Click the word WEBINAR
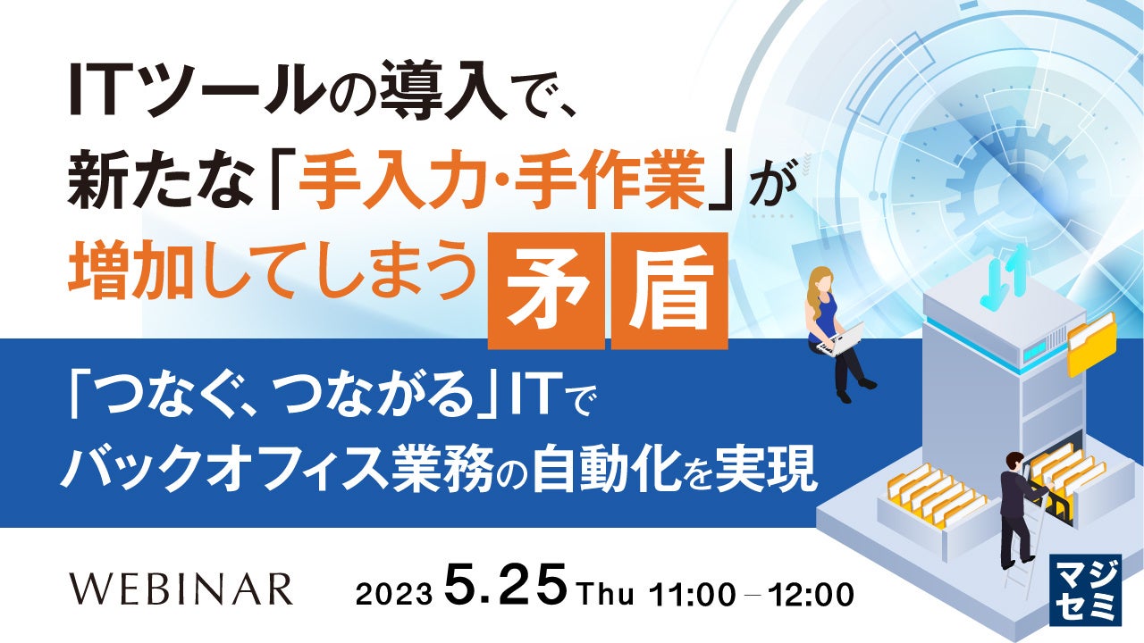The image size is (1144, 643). pyautogui.click(x=181, y=589)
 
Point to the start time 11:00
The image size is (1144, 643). pyautogui.click(x=691, y=592)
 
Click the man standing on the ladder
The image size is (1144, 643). pyautogui.click(x=1017, y=506)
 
